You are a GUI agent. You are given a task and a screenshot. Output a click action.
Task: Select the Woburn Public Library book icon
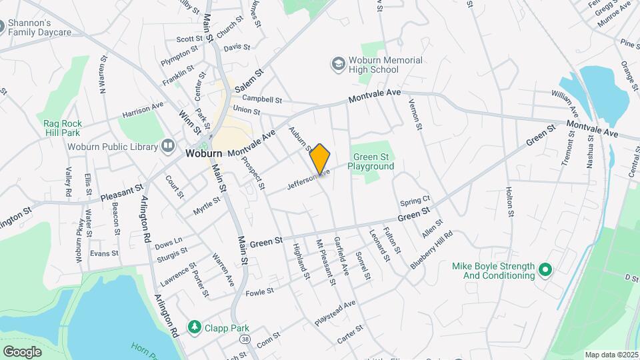tap(168, 146)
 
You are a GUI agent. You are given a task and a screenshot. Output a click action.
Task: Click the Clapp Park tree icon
tap(194, 327)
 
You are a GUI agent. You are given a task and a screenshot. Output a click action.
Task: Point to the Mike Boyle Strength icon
tap(545, 270)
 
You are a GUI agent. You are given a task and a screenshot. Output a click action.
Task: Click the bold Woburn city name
tap(203, 153)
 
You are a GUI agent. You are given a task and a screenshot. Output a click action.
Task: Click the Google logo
tap(22, 351)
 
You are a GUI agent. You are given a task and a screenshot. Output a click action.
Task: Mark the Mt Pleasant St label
tap(326, 262)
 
